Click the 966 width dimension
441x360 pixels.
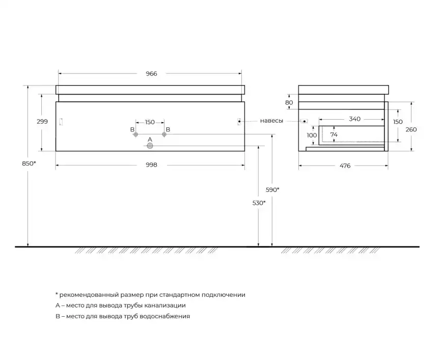pyautogui.click(x=151, y=74)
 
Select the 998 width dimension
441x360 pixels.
pyautogui.click(x=151, y=165)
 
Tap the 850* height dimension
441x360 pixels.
pyautogui.click(x=29, y=163)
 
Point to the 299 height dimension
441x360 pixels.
pyautogui.click(x=42, y=122)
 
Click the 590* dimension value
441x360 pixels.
pyautogui.click(x=272, y=190)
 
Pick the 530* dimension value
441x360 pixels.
pyautogui.click(x=259, y=203)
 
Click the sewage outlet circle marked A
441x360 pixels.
pyautogui.click(x=150, y=146)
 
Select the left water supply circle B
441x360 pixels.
pyautogui.click(x=135, y=134)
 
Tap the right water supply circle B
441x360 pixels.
pyautogui.click(x=164, y=134)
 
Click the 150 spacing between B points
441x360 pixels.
pyautogui.click(x=150, y=122)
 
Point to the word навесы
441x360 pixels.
pyautogui.click(x=271, y=121)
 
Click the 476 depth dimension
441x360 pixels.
pyautogui.click(x=345, y=166)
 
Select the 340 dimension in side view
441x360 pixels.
pyautogui.click(x=354, y=119)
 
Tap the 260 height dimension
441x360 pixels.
pyautogui.click(x=411, y=130)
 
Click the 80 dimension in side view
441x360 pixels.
pyautogui.click(x=289, y=103)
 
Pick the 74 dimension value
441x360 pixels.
pyautogui.click(x=334, y=135)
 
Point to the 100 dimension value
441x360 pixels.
pyautogui.click(x=312, y=135)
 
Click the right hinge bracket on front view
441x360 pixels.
pyautogui.click(x=239, y=122)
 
